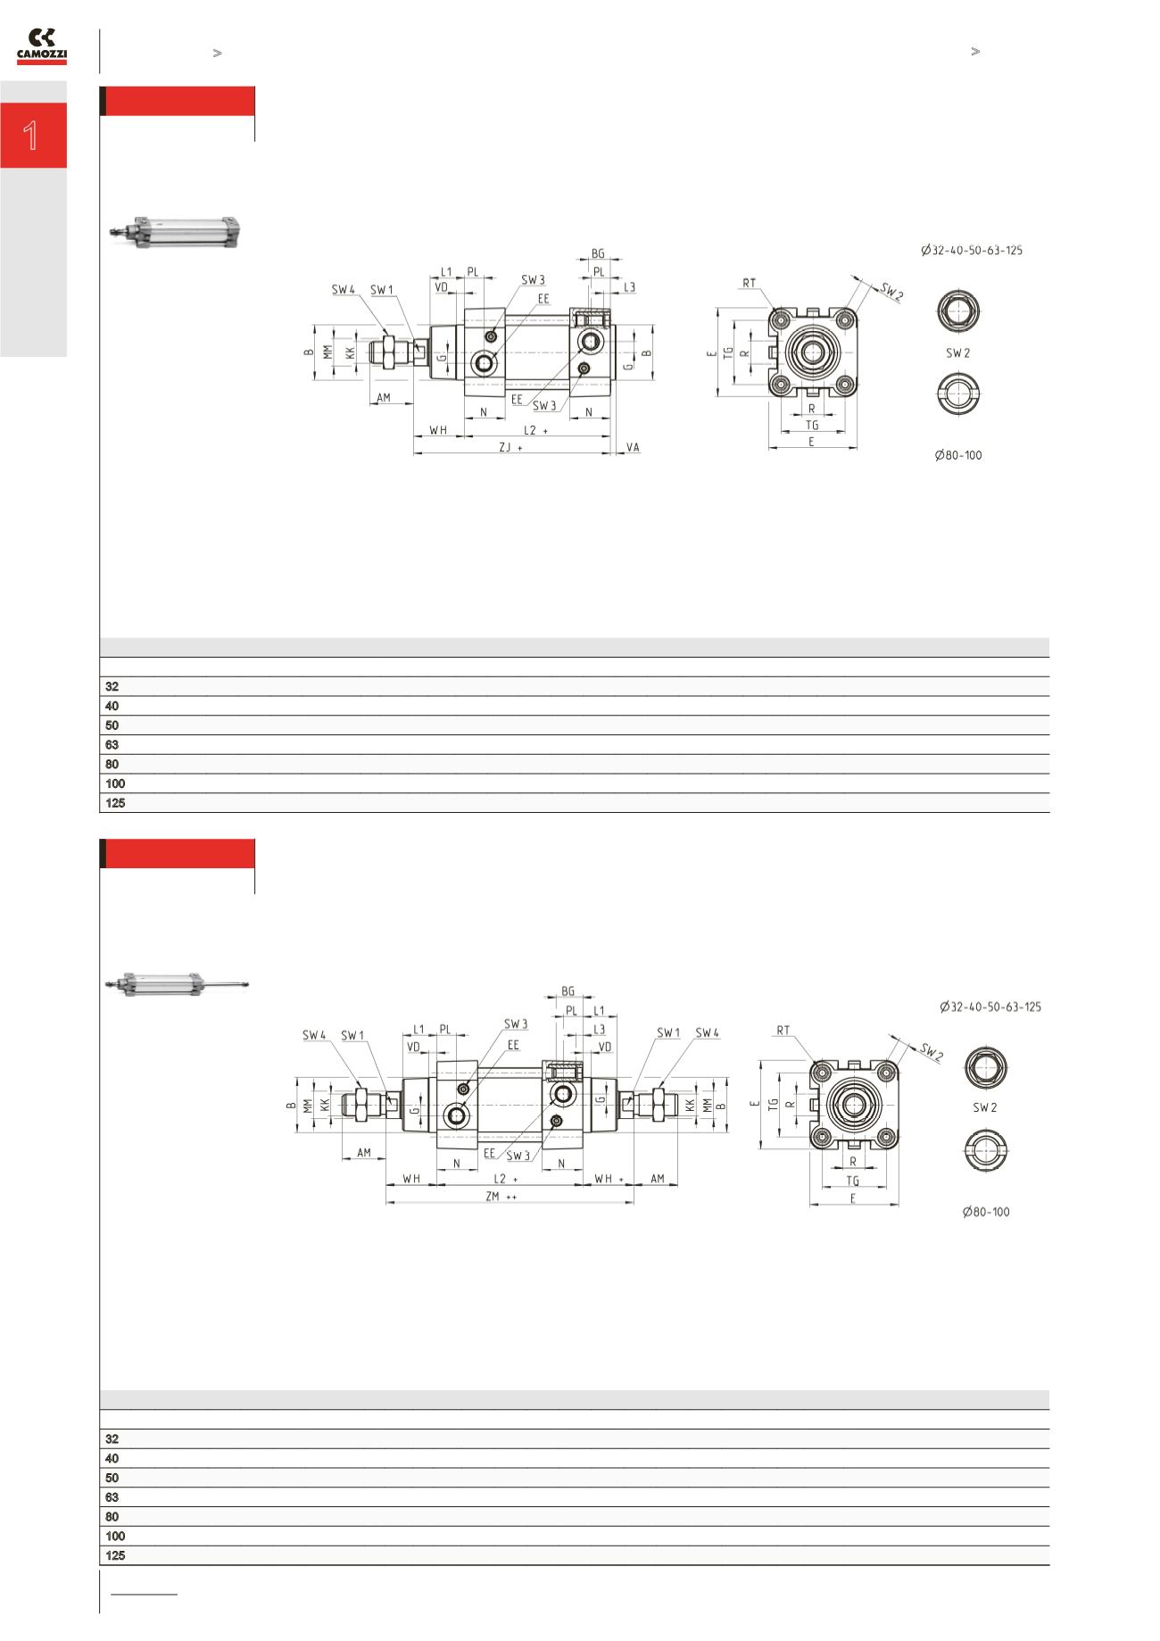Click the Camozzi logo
[42, 46]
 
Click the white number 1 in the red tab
[31, 136]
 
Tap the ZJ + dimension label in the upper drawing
[510, 448]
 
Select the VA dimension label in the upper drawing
[633, 447]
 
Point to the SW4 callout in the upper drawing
[344, 290]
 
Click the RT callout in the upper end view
[748, 283]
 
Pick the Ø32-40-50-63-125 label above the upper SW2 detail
[972, 251]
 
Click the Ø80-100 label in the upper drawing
[958, 455]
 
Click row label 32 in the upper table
[112, 687]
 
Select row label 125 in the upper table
[115, 803]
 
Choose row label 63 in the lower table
[112, 1497]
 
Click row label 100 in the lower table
[115, 1536]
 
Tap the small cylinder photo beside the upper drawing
[176, 230]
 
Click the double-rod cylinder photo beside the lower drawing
[177, 983]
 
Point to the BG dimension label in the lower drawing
[568, 991]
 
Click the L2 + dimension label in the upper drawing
[534, 430]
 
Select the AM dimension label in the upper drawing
[384, 398]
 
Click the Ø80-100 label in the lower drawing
[986, 1212]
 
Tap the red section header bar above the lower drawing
[178, 853]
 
